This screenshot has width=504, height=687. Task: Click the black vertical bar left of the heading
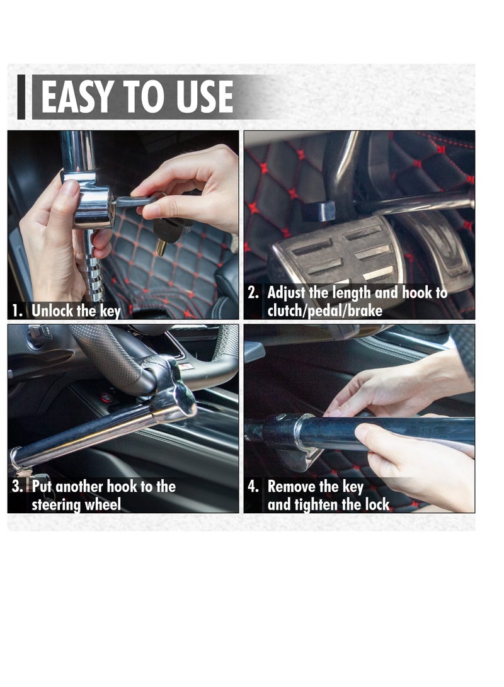tap(21, 97)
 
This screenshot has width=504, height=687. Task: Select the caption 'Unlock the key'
tap(76, 310)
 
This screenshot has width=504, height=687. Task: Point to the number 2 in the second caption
tap(253, 293)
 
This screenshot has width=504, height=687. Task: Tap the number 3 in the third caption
tap(18, 487)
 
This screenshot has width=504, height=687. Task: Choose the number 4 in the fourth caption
tap(253, 487)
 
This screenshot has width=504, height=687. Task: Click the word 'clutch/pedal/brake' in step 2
tap(325, 310)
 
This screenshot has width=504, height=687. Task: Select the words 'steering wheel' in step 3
tap(76, 504)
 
